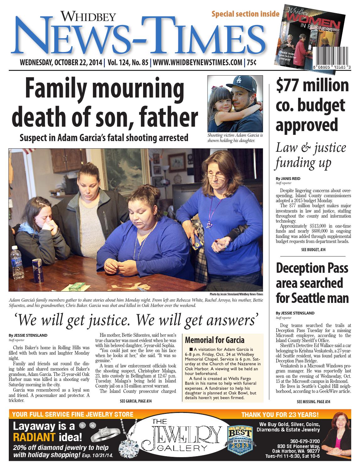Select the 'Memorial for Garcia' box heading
click(215, 340)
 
